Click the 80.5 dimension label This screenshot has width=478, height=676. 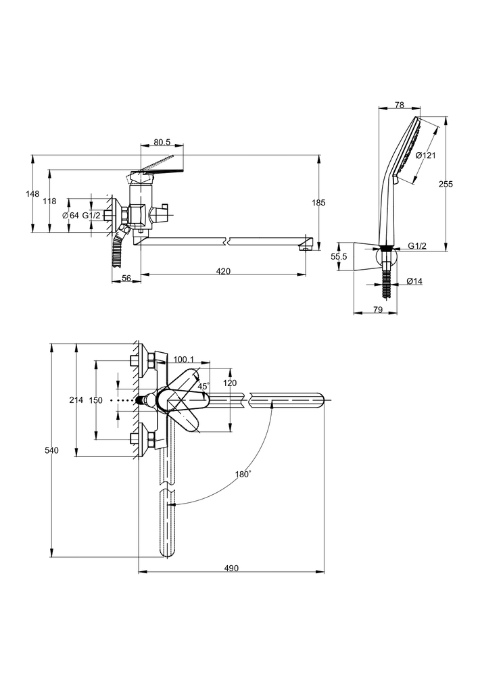pos(162,143)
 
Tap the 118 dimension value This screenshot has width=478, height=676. pos(49,201)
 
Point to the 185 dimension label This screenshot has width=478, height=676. pos(319,202)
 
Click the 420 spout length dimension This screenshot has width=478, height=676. pos(223,271)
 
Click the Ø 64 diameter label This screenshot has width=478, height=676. pos(70,215)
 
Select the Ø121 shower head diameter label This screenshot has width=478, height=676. pos(425,155)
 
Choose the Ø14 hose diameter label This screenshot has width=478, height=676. pos(414,281)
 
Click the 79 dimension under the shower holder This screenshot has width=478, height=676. pos(378,310)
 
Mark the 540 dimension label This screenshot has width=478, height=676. pos(43,450)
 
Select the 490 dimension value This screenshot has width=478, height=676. pos(231,569)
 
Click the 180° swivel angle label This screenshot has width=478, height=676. pos(243,475)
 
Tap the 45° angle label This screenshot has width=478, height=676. pos(204,386)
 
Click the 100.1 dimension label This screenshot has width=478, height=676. pos(184,359)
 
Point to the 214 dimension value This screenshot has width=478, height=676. pos(76,401)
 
